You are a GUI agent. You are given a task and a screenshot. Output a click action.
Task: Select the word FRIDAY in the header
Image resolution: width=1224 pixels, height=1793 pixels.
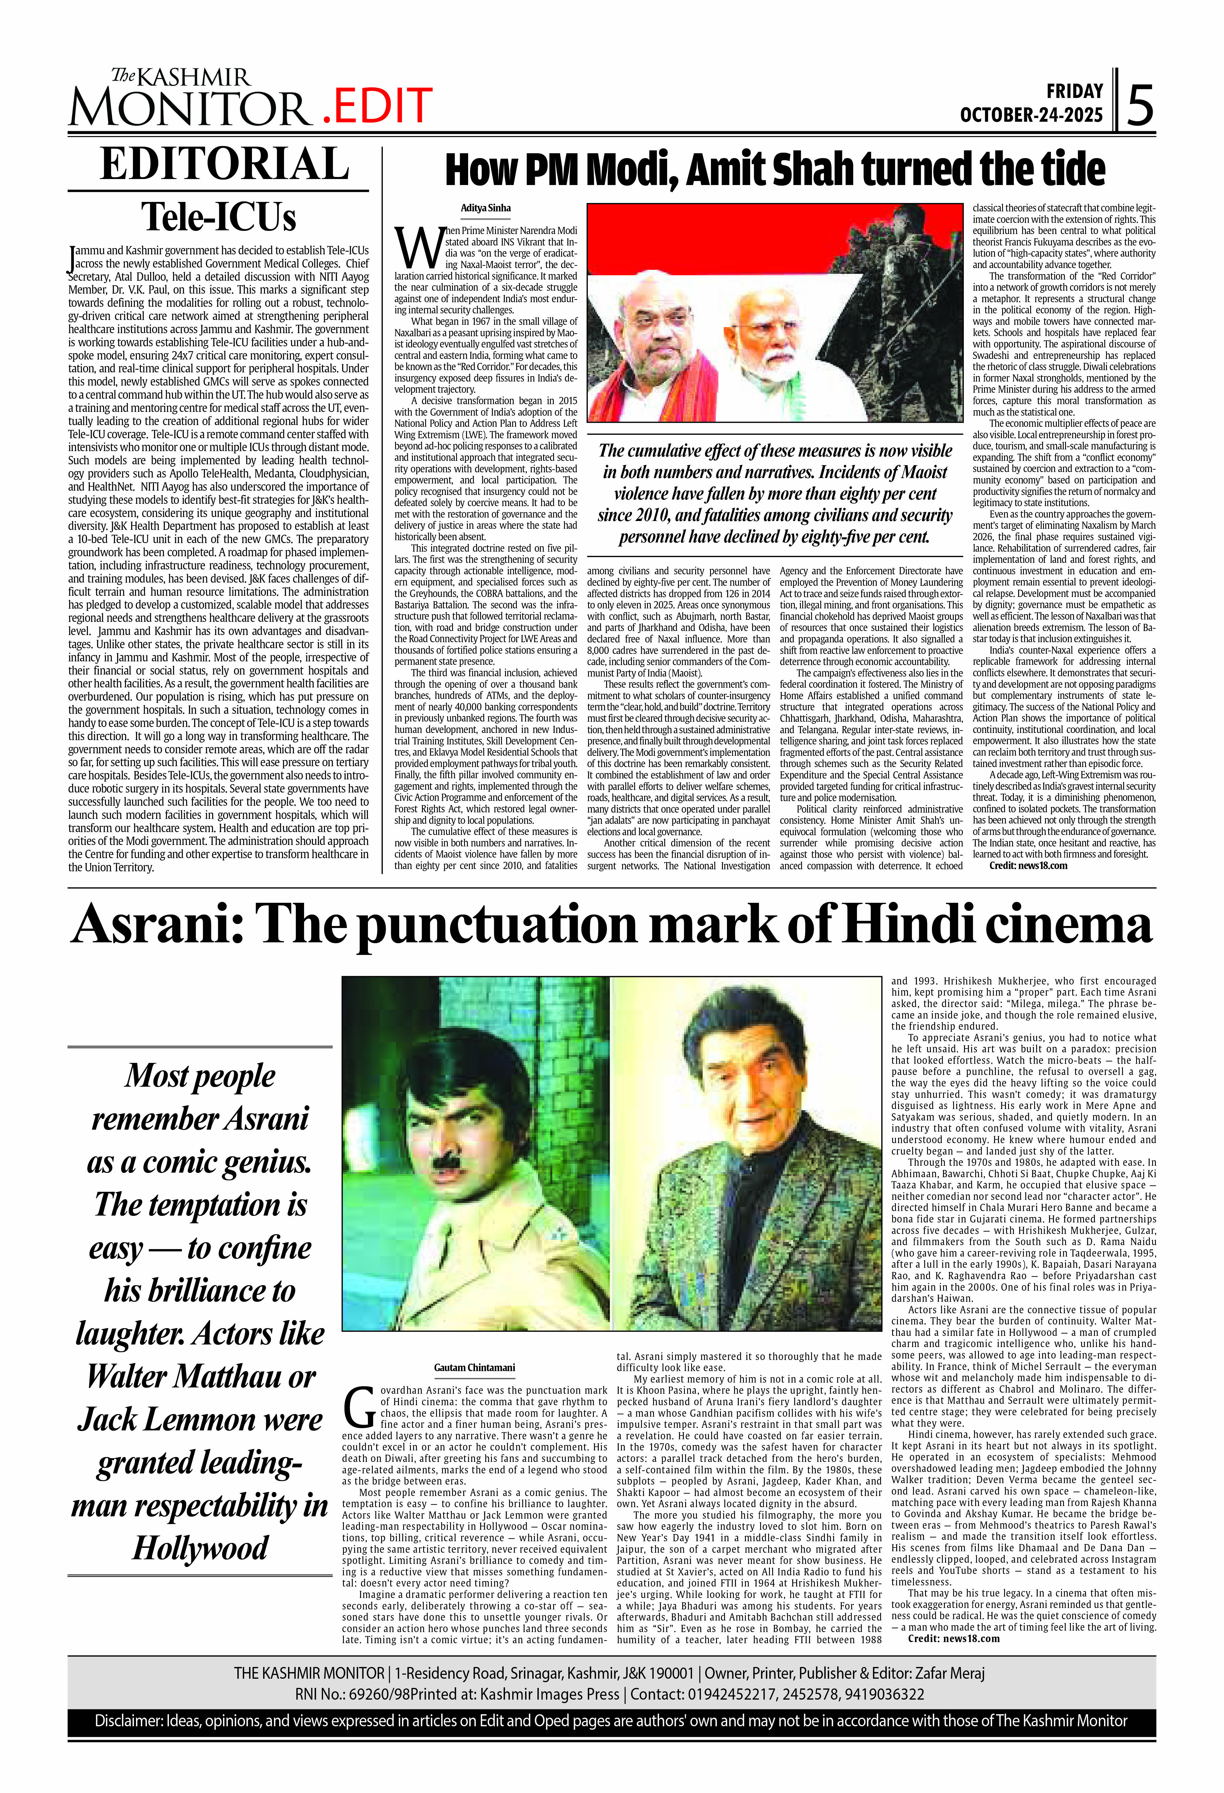(1074, 91)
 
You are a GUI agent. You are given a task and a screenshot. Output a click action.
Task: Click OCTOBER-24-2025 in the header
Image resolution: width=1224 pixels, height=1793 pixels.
(1031, 115)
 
